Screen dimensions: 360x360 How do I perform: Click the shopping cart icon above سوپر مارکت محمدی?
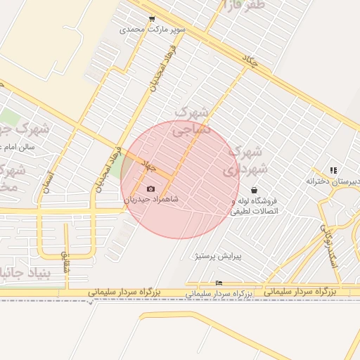click(x=152, y=20)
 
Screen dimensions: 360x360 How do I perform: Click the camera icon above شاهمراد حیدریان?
click(x=150, y=188)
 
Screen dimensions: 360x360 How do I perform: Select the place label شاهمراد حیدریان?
click(x=151, y=199)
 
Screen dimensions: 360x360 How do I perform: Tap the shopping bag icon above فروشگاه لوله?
click(x=254, y=190)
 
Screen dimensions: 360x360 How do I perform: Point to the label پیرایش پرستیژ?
click(x=218, y=257)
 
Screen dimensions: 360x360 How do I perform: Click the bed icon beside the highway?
click(x=219, y=283)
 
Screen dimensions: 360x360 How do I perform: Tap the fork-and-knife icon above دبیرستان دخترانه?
click(x=333, y=170)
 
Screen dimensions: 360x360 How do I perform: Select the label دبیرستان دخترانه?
click(x=333, y=181)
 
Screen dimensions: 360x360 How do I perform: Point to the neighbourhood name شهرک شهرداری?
click(x=245, y=160)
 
